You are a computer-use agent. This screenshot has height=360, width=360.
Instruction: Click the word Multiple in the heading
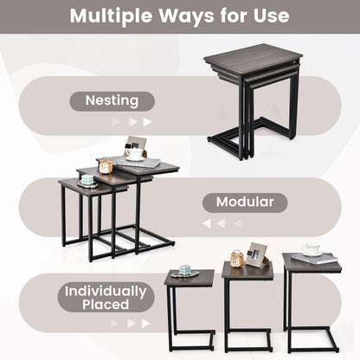pos(111,16)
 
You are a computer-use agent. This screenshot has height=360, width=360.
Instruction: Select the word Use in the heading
pos(272,16)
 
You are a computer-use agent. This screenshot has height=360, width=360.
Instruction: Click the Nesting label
pos(112,101)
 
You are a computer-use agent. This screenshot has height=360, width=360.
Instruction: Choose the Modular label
pos(245,202)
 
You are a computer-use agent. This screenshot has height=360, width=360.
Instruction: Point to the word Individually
pos(106,292)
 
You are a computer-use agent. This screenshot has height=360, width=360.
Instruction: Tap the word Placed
pos(106,305)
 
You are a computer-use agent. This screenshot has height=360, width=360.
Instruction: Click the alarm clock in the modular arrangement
pos(106,166)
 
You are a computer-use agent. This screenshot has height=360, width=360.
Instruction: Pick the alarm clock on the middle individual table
pos(237,259)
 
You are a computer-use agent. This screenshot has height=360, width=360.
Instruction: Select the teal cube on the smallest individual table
pos(185,270)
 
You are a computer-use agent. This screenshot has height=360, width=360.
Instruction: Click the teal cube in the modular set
pos(87,180)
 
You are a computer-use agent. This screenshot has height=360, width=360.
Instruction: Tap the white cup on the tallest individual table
pos(312,249)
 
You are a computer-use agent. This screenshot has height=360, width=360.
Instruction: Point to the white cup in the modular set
pos(134,153)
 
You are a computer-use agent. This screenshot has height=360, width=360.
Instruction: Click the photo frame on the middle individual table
pos(256,255)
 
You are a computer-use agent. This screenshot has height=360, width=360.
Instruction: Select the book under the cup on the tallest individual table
pos(314,259)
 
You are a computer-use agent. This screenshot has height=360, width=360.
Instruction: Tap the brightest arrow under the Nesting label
pos(147,122)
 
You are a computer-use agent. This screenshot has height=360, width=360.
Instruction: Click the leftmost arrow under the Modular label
pos(207,223)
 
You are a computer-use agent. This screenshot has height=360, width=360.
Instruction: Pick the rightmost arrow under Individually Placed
pos(145,324)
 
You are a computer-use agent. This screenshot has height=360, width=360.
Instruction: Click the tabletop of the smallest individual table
pos(190,278)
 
